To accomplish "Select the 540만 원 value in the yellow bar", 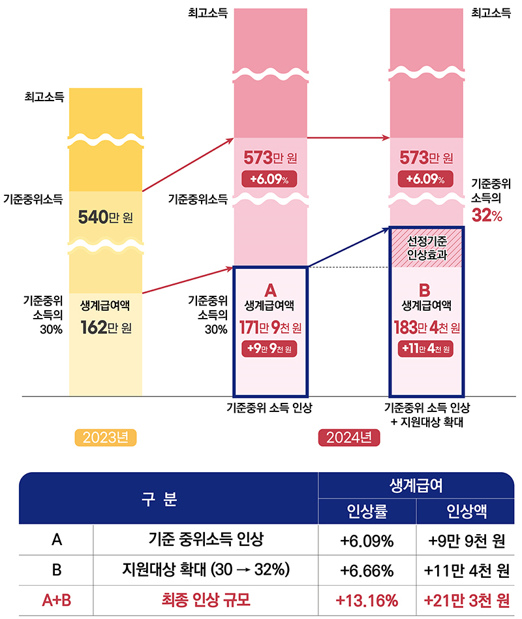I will coord(105,216).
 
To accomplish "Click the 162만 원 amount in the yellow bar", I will coord(105,326).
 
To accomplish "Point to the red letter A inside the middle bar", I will coord(269,289).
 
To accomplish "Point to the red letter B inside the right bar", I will coord(426,289).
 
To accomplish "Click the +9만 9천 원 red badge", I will coord(269,349).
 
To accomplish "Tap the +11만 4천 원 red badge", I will coord(426,349).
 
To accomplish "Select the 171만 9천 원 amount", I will coord(269,326).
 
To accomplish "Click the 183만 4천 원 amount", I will coord(426,326).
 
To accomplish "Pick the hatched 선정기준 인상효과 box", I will coord(426,247).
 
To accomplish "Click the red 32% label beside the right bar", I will coord(487,216).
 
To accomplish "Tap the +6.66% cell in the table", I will coord(367,570).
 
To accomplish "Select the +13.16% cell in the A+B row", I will coord(367,599).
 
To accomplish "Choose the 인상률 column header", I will coord(367,511).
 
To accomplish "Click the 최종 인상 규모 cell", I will coord(206,599).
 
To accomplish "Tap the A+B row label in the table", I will coord(57,599).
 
